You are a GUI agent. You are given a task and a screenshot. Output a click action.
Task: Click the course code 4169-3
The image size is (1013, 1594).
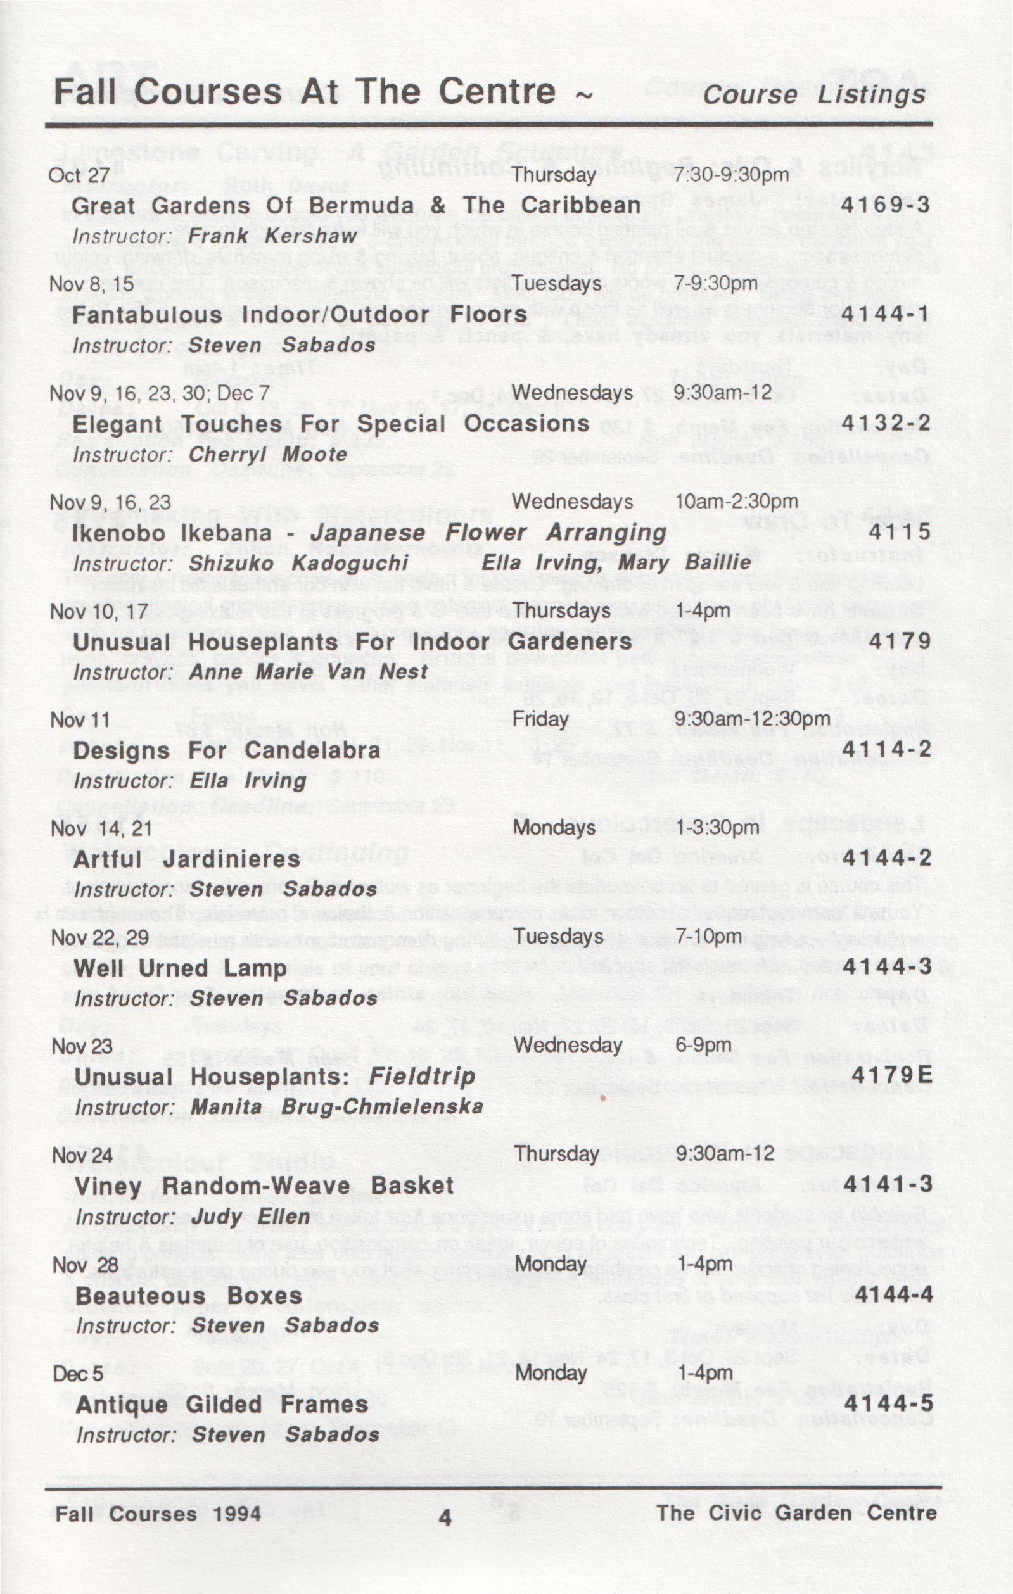coord(885,205)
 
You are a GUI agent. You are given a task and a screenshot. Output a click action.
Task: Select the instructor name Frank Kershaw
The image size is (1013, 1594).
coord(272,236)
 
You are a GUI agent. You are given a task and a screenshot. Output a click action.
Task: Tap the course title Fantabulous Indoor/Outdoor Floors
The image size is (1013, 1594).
coord(299,315)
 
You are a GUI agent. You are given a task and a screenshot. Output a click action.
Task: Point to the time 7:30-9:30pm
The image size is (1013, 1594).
coord(732,175)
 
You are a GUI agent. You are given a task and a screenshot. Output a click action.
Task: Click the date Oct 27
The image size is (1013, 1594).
coord(78,175)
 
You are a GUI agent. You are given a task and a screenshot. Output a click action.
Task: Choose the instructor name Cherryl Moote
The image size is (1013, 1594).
coord(267,455)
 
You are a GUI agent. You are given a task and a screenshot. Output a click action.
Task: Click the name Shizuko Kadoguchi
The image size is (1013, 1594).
coord(298,564)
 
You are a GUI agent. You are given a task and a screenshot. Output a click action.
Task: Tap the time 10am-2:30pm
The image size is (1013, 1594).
coord(736,502)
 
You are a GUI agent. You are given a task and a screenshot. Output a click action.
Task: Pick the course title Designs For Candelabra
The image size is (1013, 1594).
coord(226,750)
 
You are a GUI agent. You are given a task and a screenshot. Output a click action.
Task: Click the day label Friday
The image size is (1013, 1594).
coord(540,719)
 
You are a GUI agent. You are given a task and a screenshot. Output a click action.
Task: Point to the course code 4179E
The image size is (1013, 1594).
coord(892,1076)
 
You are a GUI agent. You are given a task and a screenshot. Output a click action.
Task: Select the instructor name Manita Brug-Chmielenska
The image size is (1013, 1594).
coord(337,1107)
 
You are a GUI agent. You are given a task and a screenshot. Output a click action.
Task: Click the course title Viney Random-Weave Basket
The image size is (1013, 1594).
coord(264,1186)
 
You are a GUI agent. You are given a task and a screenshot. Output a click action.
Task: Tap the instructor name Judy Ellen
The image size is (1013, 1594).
coord(250,1217)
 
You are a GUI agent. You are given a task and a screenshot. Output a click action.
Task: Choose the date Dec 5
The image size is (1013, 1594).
coord(78,1374)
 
